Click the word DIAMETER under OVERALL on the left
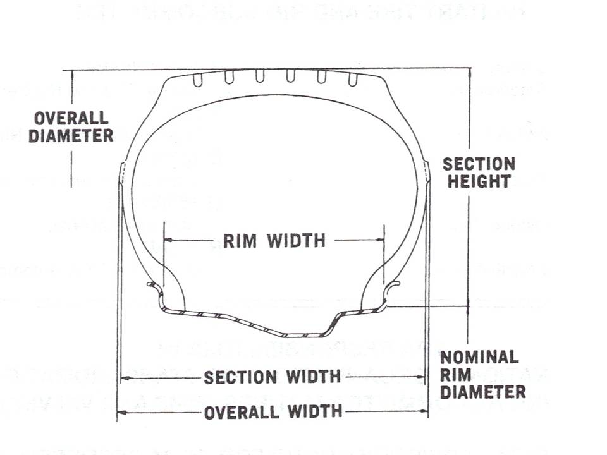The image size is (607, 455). [71, 135]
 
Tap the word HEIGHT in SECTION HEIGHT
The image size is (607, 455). [479, 181]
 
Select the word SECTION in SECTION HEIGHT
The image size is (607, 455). [479, 164]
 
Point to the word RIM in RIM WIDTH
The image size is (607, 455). [240, 241]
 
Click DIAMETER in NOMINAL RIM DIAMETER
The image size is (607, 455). [483, 392]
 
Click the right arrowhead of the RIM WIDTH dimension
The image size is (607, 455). [381, 240]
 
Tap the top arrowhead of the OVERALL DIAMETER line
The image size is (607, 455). [71, 73]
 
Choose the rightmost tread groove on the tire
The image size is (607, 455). [353, 78]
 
